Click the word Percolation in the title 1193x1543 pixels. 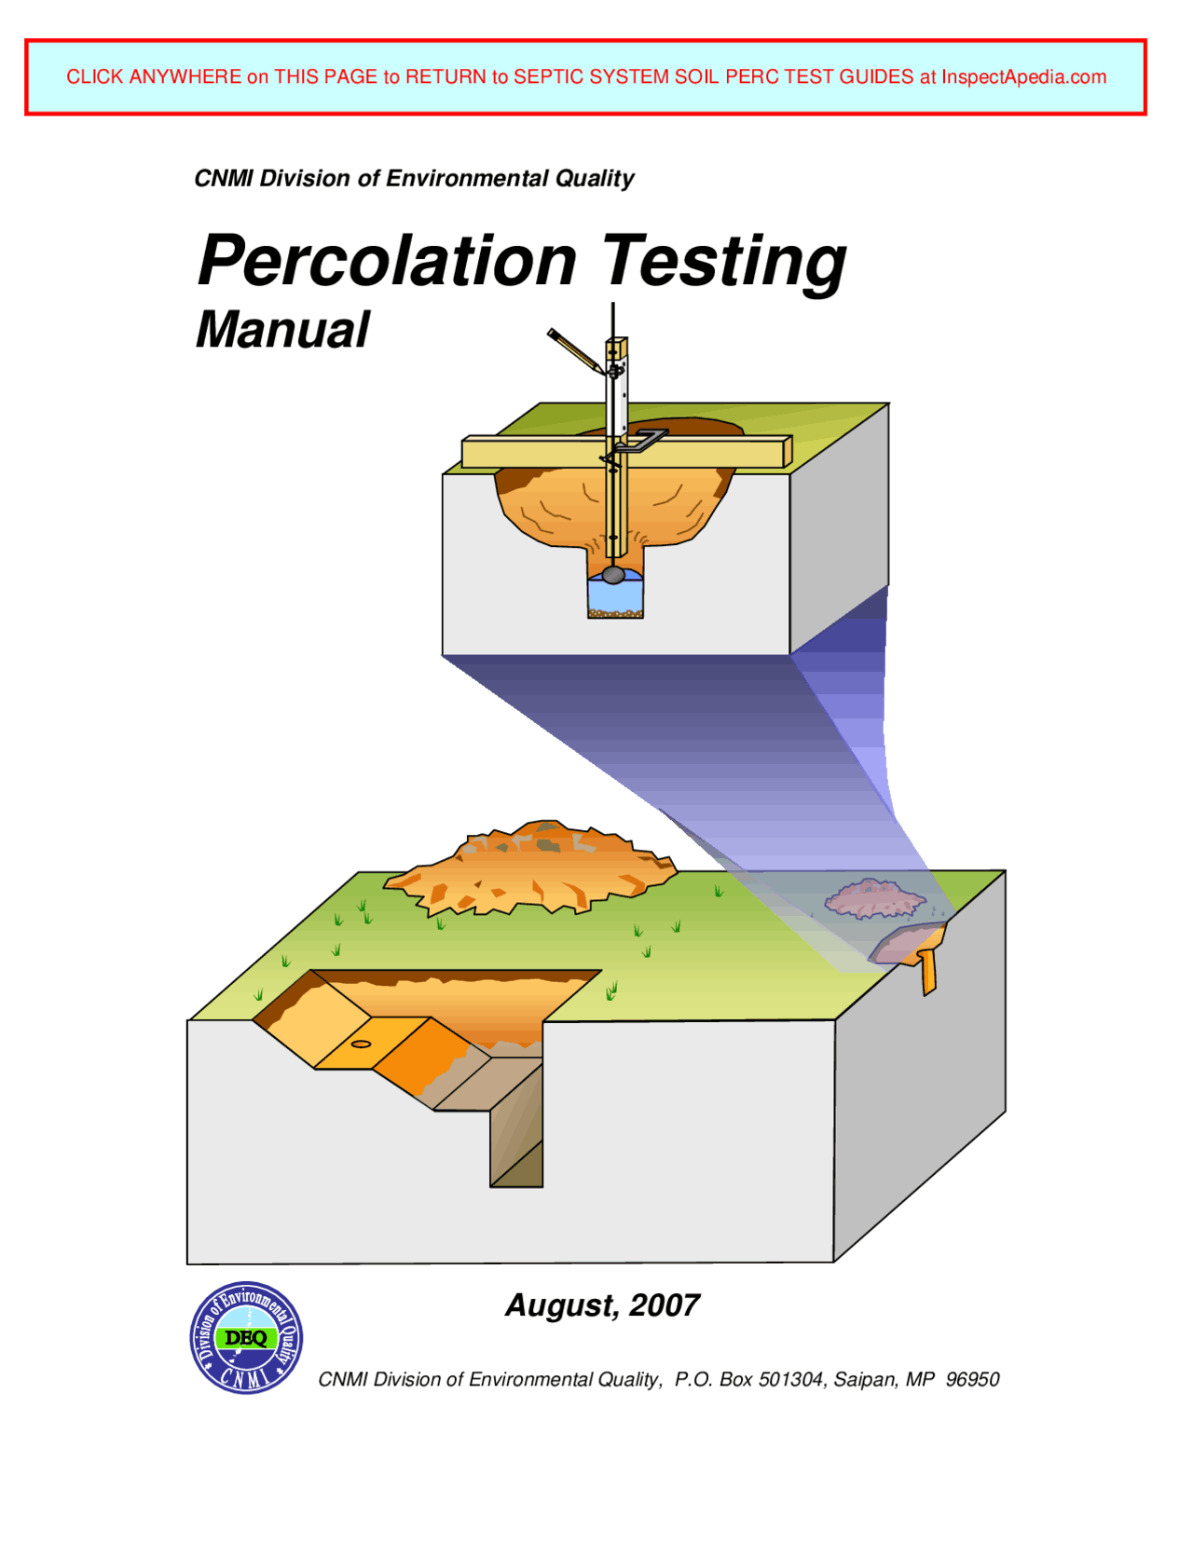[387, 261]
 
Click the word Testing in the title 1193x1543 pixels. [724, 263]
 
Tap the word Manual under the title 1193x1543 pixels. [282, 330]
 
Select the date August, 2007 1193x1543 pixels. [602, 1305]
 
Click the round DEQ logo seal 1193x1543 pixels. [246, 1337]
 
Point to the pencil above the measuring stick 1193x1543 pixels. [574, 349]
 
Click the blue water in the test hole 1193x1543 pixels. [615, 594]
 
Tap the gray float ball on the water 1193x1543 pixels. [613, 575]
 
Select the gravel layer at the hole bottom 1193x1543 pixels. [615, 613]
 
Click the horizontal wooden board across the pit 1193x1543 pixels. [624, 452]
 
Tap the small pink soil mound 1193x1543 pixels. [873, 898]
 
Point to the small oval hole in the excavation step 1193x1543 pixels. [361, 1044]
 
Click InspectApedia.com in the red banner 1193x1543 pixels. [1023, 77]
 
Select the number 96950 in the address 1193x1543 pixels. [972, 1379]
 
